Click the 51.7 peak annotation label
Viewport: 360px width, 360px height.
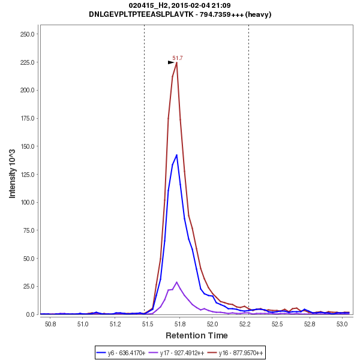click(178, 58)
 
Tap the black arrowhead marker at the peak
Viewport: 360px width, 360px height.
click(171, 62)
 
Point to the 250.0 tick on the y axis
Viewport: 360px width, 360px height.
click(26, 34)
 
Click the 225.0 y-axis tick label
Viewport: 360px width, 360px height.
click(26, 62)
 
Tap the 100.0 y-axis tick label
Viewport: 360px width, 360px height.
click(26, 202)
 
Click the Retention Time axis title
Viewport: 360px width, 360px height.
click(196, 335)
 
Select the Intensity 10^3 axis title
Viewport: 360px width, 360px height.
click(12, 173)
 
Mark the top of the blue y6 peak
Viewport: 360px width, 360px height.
click(176, 155)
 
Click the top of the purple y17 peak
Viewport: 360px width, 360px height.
click(176, 282)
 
